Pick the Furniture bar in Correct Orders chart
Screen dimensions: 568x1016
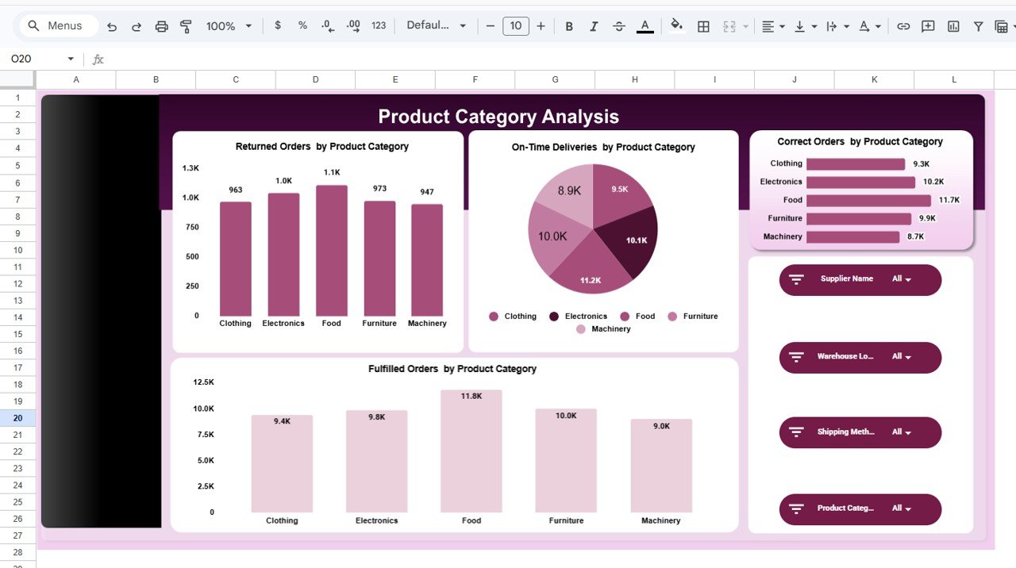coord(858,218)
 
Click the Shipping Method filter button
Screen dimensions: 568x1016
coord(860,432)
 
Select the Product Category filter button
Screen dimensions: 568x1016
coord(860,509)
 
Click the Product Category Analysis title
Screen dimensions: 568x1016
coord(498,117)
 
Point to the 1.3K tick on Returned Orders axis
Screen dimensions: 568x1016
coord(190,168)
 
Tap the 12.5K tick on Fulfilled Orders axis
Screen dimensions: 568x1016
coord(203,382)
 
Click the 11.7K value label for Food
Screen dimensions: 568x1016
coord(949,200)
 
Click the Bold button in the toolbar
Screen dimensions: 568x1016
coord(569,26)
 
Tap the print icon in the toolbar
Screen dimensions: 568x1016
coord(162,26)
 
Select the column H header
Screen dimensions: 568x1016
coord(635,79)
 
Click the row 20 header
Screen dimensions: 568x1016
coord(17,418)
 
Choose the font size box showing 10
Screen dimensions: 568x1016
coord(515,26)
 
